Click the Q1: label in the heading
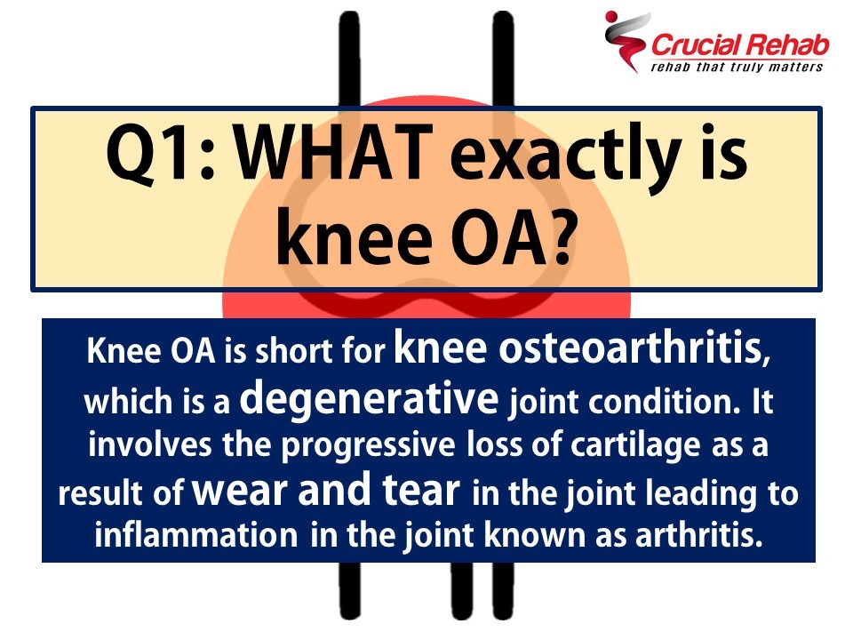[161, 154]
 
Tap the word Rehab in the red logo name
[787, 45]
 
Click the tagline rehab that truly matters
[737, 67]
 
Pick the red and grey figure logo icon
[626, 41]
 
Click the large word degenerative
[370, 399]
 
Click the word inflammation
[195, 534]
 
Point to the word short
[294, 351]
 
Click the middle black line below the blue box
[462, 590]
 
